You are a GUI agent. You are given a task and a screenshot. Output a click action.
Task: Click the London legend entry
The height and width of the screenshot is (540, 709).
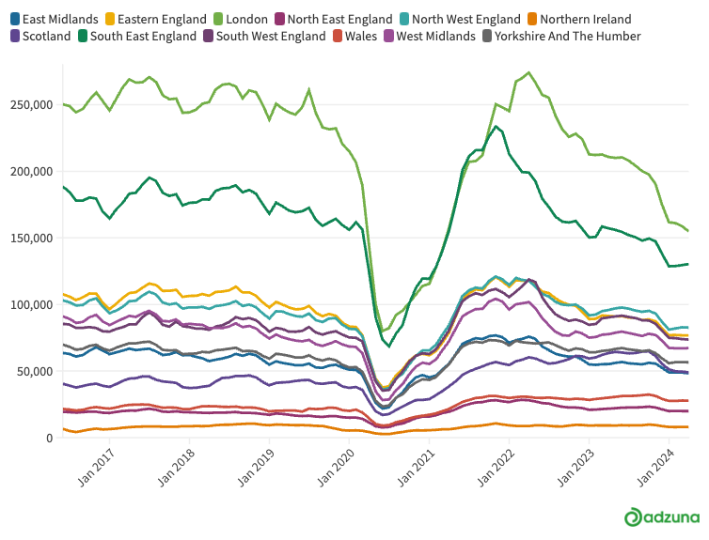point(241,20)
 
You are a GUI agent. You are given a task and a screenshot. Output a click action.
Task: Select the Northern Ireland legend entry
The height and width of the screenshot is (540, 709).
point(579,20)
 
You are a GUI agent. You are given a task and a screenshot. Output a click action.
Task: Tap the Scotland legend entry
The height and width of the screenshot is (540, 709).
point(40,36)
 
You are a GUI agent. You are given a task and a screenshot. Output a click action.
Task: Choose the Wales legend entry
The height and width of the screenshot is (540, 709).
point(354,36)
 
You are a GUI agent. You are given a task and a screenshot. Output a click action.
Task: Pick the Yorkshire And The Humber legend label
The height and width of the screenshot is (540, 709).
point(567,36)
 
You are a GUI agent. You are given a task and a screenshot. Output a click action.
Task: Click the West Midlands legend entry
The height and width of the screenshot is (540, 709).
point(430,36)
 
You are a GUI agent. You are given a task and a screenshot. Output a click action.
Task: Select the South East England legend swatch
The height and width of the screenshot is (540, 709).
point(83,36)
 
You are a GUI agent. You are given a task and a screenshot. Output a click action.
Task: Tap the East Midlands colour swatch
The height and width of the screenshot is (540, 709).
point(15,20)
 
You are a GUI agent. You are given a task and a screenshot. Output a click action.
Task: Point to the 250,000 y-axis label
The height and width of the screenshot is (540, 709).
point(32,105)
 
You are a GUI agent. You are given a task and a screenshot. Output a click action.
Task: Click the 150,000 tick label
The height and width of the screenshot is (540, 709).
point(32,238)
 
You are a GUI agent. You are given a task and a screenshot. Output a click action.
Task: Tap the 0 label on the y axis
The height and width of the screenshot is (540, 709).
point(50,439)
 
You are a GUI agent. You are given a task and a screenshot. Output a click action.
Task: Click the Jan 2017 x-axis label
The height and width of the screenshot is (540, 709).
point(95,468)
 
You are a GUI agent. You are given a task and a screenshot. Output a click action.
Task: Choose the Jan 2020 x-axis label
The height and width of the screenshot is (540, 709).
point(336,468)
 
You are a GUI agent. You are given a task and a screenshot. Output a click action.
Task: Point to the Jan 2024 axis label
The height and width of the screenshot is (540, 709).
point(655,468)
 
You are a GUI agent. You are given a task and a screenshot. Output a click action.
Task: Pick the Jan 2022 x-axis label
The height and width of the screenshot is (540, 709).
point(496,468)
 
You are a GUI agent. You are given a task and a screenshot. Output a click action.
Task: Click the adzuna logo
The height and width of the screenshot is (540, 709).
point(662,517)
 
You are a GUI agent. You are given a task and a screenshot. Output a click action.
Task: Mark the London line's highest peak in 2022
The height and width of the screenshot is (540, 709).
point(529,72)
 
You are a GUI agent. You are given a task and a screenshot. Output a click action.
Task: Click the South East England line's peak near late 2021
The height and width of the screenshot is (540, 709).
point(496,127)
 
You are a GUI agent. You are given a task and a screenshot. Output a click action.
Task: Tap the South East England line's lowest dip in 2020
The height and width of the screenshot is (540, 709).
point(389,347)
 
